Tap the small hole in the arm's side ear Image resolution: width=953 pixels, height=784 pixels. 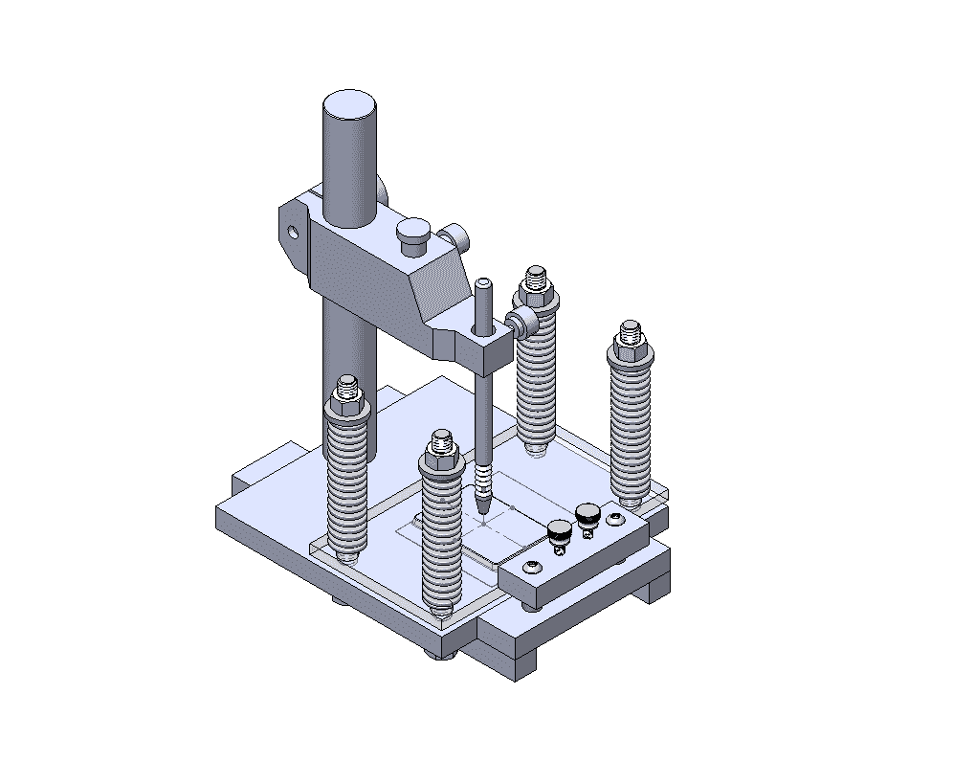click(293, 231)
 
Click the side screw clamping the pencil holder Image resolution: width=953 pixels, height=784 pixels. click(523, 324)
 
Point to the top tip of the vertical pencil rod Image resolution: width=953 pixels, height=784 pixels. click(484, 282)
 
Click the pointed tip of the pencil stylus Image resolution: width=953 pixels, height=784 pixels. click(484, 510)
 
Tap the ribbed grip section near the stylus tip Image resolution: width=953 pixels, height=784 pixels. click(485, 478)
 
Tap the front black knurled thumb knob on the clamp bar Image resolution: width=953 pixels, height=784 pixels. click(560, 529)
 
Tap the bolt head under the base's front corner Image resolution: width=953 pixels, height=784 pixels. click(449, 654)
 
